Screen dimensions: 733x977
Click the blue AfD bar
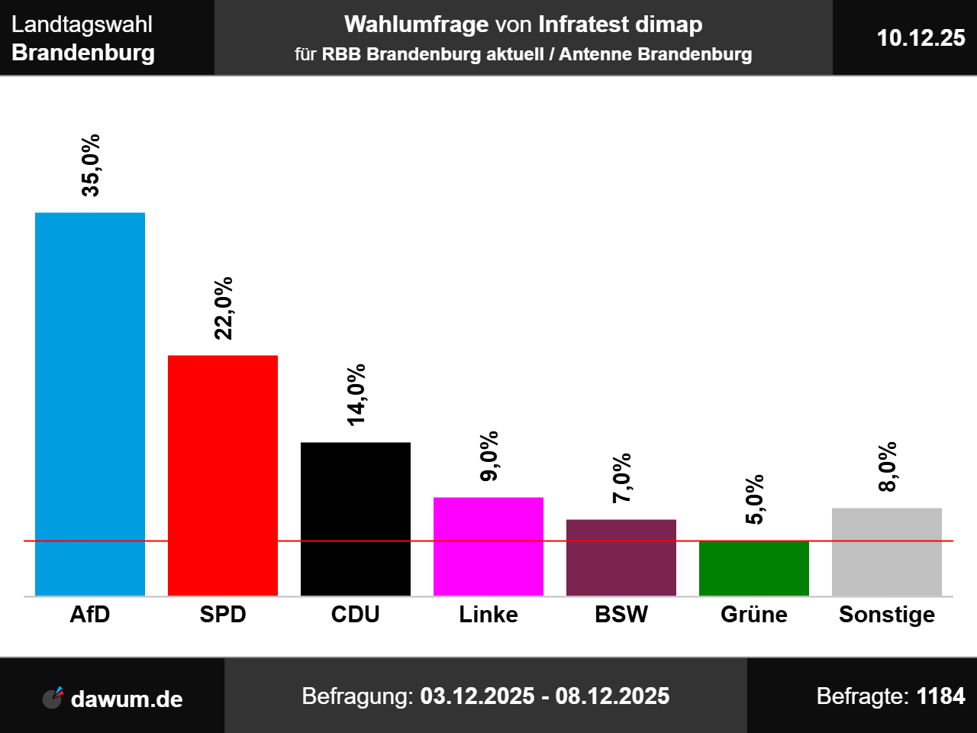(90, 404)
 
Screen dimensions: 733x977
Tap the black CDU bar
(356, 518)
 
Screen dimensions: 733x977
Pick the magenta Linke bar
(488, 546)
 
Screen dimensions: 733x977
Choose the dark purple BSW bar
(621, 557)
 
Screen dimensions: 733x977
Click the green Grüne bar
(754, 568)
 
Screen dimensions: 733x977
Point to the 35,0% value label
(91, 166)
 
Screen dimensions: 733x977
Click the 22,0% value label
(224, 308)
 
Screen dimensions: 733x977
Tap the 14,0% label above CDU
(356, 395)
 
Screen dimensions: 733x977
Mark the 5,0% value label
(755, 500)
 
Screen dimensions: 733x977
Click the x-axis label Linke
(488, 615)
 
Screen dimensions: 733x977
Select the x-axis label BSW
(621, 615)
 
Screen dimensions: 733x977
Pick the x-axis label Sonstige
(887, 615)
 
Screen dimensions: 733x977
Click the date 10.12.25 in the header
(921, 38)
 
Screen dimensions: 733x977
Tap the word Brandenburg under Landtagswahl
(83, 53)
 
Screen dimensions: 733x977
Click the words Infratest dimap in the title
(620, 24)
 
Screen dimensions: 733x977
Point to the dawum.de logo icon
(53, 697)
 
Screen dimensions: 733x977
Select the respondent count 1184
(940, 696)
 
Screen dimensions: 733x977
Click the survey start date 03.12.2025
(477, 696)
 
